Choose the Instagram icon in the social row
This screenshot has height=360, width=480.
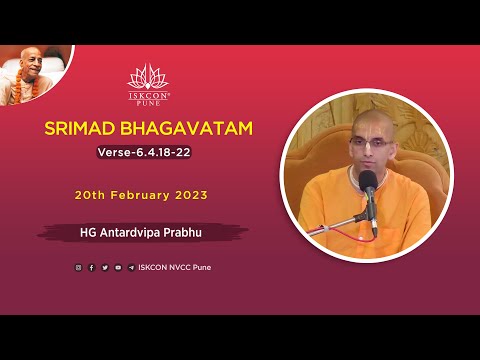click(79, 267)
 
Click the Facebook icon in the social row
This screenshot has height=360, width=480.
click(92, 267)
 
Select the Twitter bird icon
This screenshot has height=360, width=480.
click(105, 267)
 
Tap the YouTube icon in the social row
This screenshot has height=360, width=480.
click(118, 267)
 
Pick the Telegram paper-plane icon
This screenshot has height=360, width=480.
click(131, 267)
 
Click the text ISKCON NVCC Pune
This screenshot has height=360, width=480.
click(175, 267)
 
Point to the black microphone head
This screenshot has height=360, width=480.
click(369, 182)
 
